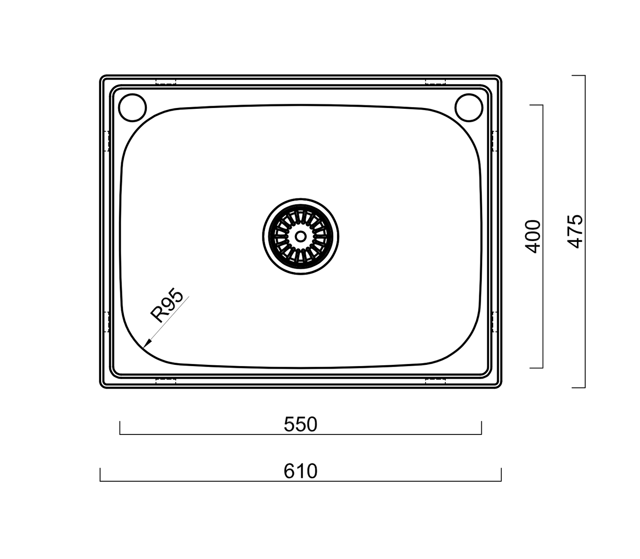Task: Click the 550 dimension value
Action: point(300,425)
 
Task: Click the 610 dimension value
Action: point(300,472)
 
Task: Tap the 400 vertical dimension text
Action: point(533,236)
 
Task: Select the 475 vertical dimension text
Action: point(576,231)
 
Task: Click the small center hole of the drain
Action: point(300,236)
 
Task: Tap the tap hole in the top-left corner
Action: point(132,107)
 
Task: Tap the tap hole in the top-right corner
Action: point(468,107)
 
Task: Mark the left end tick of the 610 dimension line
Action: point(100,475)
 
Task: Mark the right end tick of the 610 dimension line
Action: point(501,475)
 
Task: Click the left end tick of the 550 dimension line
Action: point(120,428)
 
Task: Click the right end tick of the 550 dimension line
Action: point(481,428)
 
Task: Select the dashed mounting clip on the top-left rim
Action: point(166,82)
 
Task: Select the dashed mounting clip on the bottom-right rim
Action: point(436,381)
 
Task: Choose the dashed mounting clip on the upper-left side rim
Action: point(107,140)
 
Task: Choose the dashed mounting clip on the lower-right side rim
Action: point(495,322)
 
